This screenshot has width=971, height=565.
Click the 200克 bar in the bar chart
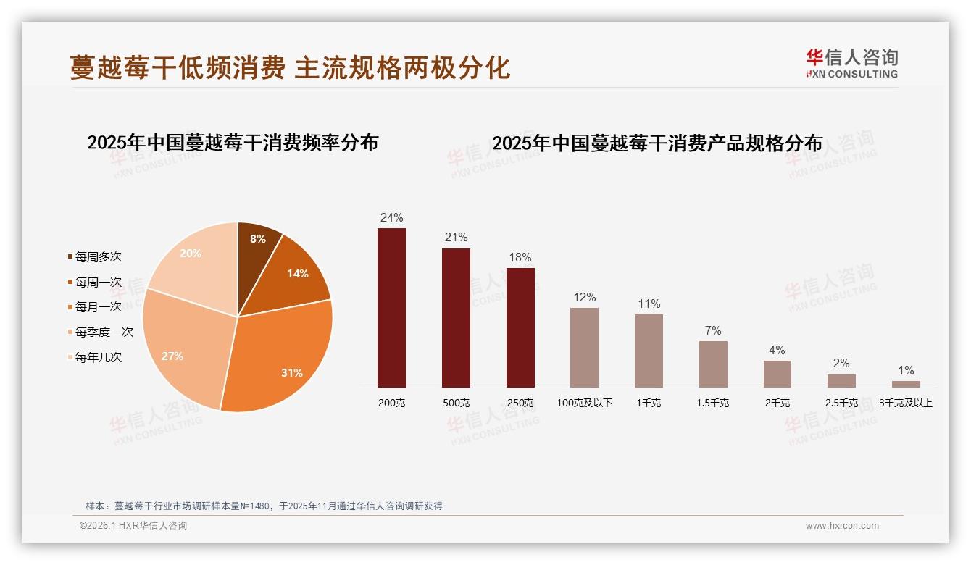[391, 308]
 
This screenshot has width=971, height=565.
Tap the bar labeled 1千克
[649, 351]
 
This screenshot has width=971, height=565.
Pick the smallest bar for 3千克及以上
[906, 384]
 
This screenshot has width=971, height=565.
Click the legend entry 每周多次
[98, 257]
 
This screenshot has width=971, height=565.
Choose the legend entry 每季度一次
[104, 332]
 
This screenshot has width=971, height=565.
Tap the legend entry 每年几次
[98, 357]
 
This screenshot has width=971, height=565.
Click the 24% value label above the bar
[391, 217]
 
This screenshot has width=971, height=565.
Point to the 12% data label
[584, 297]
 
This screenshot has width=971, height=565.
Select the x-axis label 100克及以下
[584, 403]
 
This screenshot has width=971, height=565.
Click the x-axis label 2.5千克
[841, 403]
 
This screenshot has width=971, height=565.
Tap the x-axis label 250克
[520, 403]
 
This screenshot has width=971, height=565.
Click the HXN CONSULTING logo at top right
[851, 63]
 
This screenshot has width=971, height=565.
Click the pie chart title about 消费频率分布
[233, 142]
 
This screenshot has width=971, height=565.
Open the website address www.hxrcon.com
[842, 526]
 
